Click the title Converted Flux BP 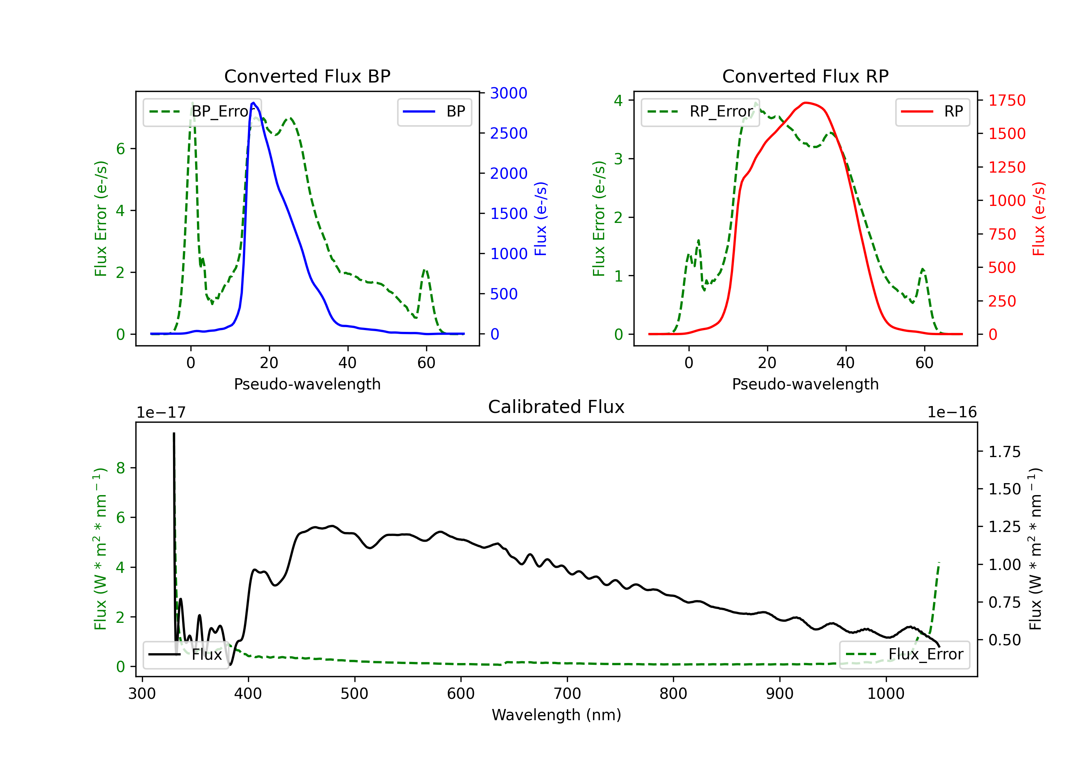click(307, 76)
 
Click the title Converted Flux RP click(805, 76)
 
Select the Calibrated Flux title click(556, 407)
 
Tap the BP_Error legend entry click(202, 111)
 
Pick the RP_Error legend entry click(700, 111)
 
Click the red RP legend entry click(932, 111)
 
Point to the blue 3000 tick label click(509, 93)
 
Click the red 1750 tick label click(1007, 100)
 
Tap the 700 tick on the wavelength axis click(567, 693)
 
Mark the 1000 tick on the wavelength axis click(886, 693)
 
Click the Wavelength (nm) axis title click(556, 715)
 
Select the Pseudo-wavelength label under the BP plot click(307, 384)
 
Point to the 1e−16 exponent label click(952, 413)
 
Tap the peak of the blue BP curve click(253, 103)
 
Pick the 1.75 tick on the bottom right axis click(1005, 452)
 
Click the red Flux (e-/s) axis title click(1038, 219)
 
